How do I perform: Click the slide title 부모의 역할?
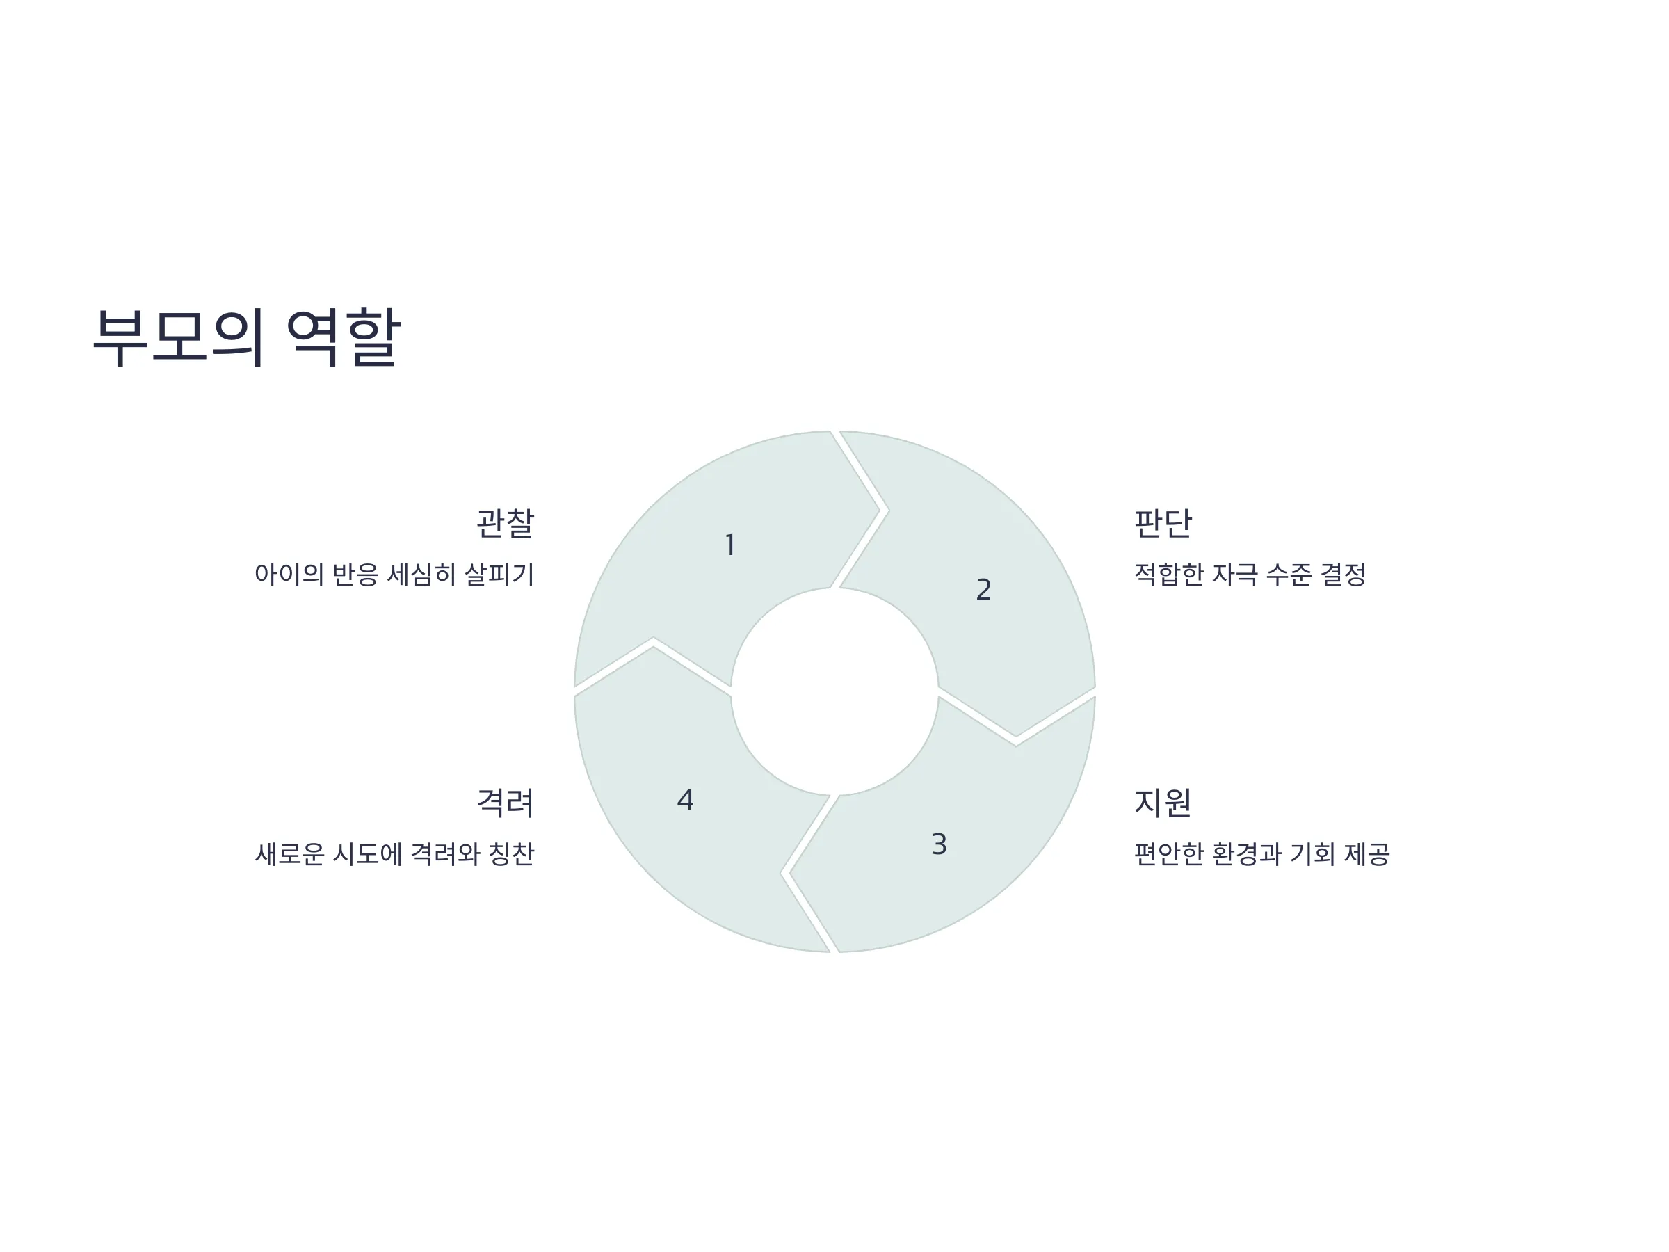(247, 337)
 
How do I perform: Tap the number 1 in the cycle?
(729, 545)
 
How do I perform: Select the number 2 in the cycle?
(983, 589)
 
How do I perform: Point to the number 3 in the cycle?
(939, 844)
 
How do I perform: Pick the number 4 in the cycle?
(685, 799)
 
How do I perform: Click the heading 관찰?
(505, 523)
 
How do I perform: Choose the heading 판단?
(1163, 523)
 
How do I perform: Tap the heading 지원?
(1163, 802)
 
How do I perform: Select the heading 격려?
(505, 802)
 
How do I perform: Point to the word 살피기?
(499, 575)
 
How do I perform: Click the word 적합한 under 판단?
(1169, 575)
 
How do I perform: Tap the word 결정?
(1342, 575)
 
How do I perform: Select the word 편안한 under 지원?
(1169, 853)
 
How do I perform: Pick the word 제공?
(1366, 853)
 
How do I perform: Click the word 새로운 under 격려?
(290, 853)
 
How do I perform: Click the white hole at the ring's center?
(834, 691)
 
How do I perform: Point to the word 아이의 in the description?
(289, 575)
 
